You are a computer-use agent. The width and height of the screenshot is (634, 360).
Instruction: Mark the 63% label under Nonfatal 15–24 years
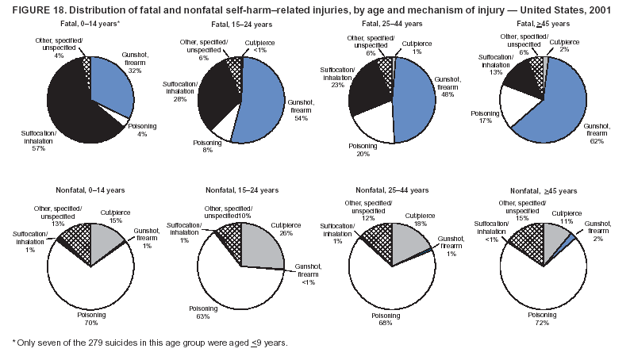pos(202,316)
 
